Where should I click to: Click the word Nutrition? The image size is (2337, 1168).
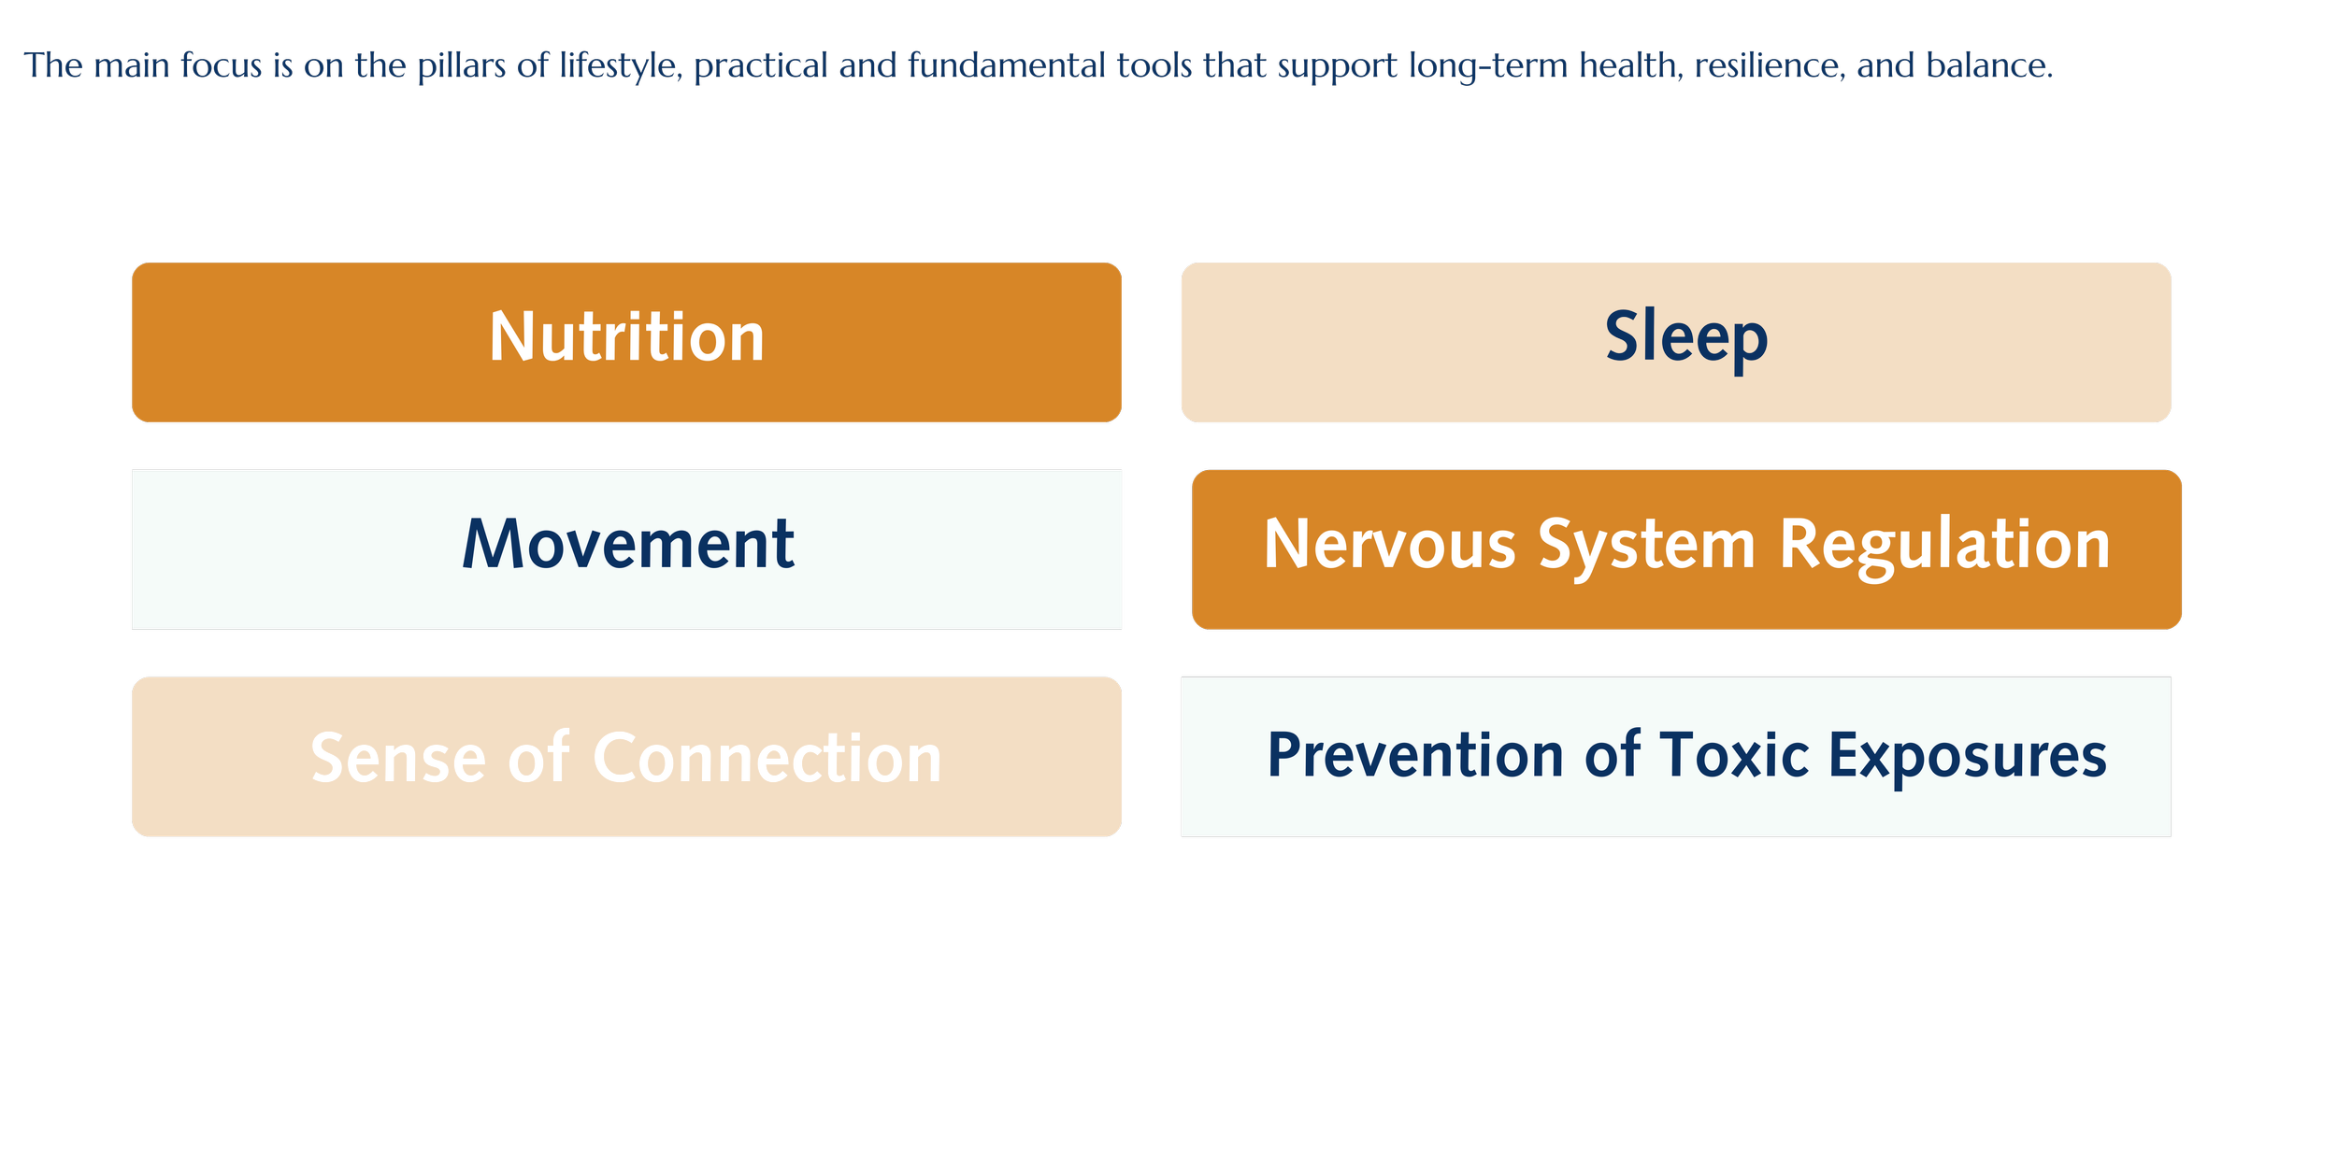tap(626, 337)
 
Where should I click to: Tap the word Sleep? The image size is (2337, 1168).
tap(1685, 337)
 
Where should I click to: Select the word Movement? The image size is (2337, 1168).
tap(628, 545)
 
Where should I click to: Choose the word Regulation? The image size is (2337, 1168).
tap(1944, 545)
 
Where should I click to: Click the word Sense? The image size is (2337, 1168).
tap(397, 758)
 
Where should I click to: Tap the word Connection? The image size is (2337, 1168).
tap(767, 758)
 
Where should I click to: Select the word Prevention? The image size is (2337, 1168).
tap(1414, 755)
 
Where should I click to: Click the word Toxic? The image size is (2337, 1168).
tap(1734, 755)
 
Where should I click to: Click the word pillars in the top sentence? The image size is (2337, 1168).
tap(462, 66)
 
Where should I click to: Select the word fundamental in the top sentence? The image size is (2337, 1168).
tap(1007, 66)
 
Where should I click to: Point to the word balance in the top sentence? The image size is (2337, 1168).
tap(1988, 66)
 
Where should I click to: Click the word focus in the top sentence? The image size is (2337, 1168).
tap(222, 66)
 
